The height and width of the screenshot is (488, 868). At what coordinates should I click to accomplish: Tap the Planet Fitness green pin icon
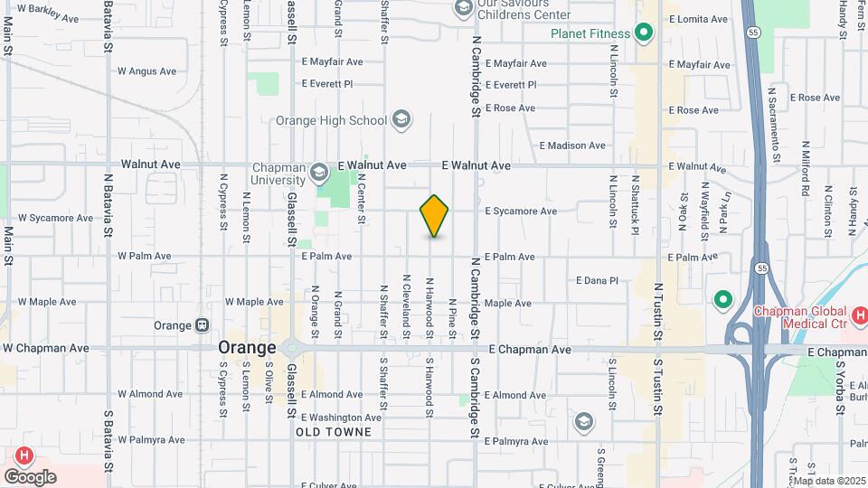[x=644, y=34]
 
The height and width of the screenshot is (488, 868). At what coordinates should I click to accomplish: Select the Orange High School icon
[x=401, y=120]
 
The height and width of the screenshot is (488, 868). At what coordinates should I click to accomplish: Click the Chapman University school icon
[x=318, y=172]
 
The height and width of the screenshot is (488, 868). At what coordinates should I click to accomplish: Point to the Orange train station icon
[x=203, y=325]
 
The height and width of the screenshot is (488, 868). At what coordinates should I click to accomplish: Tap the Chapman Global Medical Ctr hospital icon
[x=860, y=316]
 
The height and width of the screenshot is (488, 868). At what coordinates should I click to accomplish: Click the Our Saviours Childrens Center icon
[x=463, y=9]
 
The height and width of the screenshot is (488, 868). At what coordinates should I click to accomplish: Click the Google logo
[x=30, y=476]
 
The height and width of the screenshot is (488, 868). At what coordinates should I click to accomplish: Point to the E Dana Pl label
[x=596, y=281]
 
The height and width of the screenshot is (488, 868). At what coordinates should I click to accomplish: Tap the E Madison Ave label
[x=571, y=145]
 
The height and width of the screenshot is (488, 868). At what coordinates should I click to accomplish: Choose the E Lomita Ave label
[x=698, y=18]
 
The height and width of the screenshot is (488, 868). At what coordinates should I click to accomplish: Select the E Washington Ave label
[x=341, y=418]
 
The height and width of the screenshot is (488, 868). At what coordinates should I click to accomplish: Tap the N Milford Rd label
[x=805, y=169]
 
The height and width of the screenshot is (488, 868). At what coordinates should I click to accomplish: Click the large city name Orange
[x=247, y=348]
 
